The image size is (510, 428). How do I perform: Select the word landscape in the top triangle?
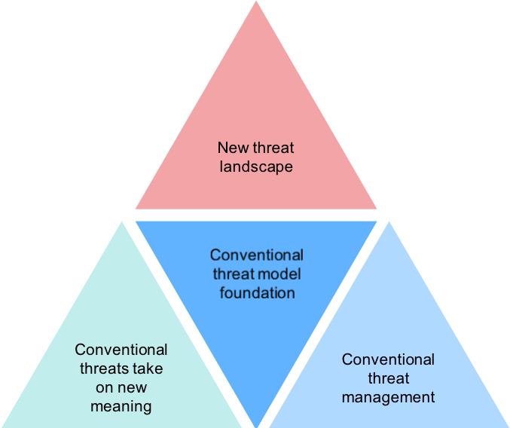click(256, 167)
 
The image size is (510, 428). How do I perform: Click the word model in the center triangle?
click(279, 274)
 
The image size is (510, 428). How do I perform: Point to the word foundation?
click(257, 292)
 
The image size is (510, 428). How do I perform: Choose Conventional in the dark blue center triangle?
click(257, 255)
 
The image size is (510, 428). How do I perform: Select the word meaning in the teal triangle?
click(121, 407)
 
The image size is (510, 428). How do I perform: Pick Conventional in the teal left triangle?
click(121, 350)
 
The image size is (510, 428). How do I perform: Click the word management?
click(388, 397)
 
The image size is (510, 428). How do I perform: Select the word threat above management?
click(388, 378)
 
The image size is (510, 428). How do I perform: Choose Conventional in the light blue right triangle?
click(388, 359)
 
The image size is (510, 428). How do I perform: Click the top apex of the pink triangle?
click(256, 2)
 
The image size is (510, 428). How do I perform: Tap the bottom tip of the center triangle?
click(257, 425)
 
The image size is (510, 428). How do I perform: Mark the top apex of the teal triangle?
click(122, 222)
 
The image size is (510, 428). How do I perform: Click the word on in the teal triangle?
click(105, 388)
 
